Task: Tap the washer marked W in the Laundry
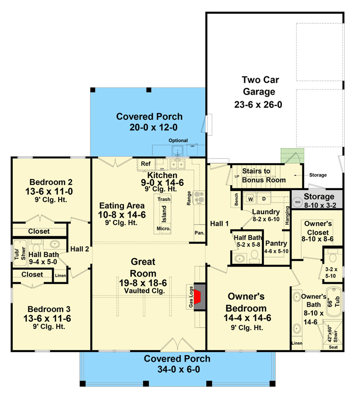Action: click(251, 199)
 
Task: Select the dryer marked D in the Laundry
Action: click(264, 199)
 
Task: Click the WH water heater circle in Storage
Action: click(297, 202)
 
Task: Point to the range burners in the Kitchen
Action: click(199, 198)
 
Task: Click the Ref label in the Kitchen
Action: click(146, 164)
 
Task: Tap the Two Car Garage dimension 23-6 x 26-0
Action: click(258, 104)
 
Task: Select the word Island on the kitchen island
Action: click(164, 214)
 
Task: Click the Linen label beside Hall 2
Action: click(60, 276)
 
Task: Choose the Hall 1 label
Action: click(219, 223)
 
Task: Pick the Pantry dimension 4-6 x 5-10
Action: click(276, 251)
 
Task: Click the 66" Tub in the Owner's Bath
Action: click(334, 302)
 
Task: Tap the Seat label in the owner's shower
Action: click(333, 347)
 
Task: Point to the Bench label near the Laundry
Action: click(236, 199)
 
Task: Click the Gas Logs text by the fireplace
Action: click(191, 297)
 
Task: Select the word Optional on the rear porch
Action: click(178, 140)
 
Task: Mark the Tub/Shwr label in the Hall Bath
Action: click(20, 253)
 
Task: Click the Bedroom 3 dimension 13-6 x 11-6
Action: click(47, 318)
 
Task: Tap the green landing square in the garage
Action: click(292, 156)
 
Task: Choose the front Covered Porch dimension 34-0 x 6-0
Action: click(179, 369)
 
